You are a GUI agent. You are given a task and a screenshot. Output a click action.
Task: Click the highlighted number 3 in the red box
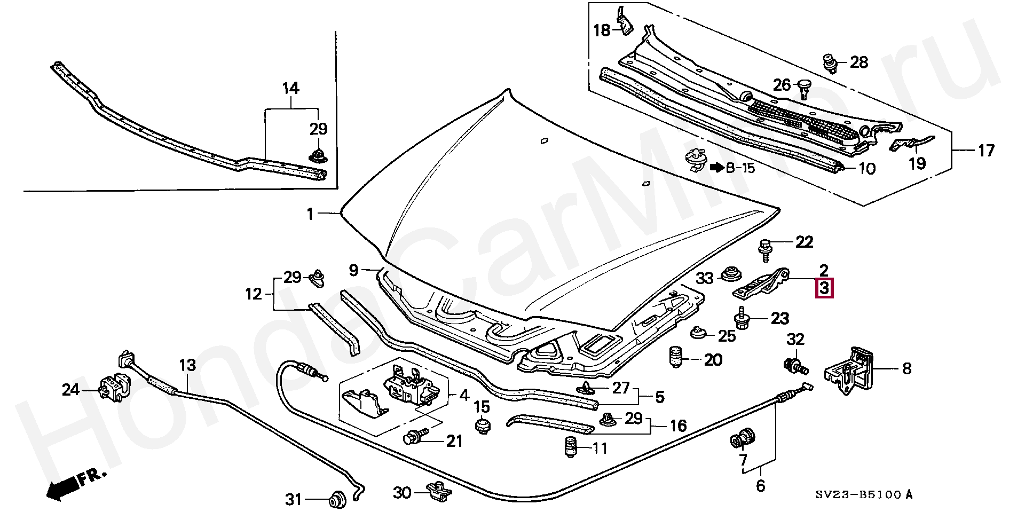coord(824,289)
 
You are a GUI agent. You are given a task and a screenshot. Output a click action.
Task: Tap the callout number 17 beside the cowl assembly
coord(985,151)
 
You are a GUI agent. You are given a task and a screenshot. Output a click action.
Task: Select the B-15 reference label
coord(739,168)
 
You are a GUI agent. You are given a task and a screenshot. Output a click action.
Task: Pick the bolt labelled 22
coord(764,248)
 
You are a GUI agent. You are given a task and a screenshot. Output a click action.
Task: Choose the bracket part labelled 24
coord(114,388)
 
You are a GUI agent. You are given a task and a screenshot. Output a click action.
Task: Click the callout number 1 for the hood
coord(310,214)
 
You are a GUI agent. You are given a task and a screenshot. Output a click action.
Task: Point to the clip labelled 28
coord(829,62)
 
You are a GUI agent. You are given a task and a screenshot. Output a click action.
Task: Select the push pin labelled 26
coord(805,88)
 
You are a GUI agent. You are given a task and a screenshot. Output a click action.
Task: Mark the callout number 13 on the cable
coord(187,366)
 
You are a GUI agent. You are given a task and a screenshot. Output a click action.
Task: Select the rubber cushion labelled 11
coord(571,447)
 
